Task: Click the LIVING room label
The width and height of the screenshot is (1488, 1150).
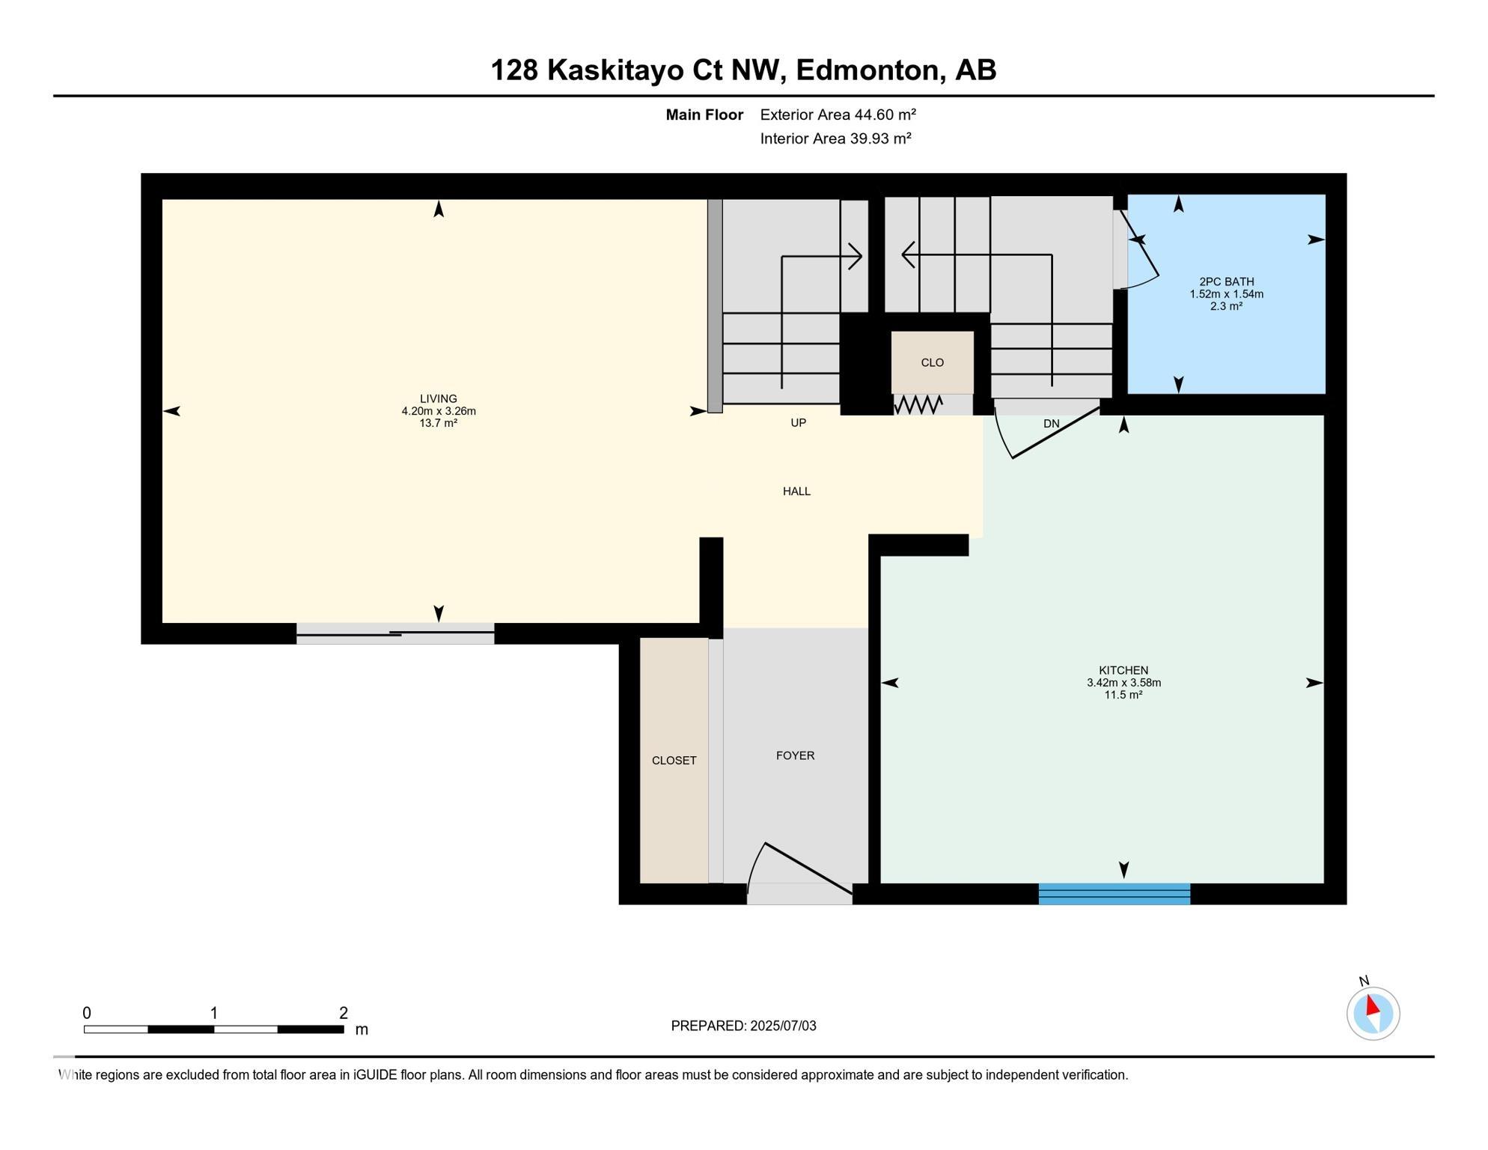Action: pos(439,399)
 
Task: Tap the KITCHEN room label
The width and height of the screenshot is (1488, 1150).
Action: pos(1123,671)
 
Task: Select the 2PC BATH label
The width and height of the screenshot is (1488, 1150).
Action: pos(1227,282)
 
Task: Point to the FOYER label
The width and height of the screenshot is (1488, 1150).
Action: pos(795,756)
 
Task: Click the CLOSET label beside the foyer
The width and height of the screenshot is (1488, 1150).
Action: pos(674,761)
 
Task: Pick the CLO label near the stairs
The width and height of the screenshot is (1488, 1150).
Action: pos(933,363)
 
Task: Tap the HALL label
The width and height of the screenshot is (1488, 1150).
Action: pos(797,492)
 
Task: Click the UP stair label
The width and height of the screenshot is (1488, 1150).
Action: pos(799,423)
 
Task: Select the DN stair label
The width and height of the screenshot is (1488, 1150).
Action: pos(1052,424)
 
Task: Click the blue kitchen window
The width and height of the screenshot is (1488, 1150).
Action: pos(1115,894)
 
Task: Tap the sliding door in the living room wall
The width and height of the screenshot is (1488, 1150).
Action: pos(395,634)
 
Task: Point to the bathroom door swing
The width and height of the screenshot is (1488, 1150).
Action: pos(1137,249)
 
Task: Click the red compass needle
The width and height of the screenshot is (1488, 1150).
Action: pos(1373,1005)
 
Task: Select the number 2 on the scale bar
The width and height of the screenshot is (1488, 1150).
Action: pos(344,1014)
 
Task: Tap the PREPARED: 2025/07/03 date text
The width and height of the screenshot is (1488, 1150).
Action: pos(743,1026)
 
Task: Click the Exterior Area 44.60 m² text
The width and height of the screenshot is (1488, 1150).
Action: pos(838,115)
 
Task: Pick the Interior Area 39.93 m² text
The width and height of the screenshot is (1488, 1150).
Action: pos(836,139)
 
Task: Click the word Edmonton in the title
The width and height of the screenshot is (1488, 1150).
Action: pos(868,70)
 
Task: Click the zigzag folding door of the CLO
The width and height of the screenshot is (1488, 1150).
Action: pos(918,405)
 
